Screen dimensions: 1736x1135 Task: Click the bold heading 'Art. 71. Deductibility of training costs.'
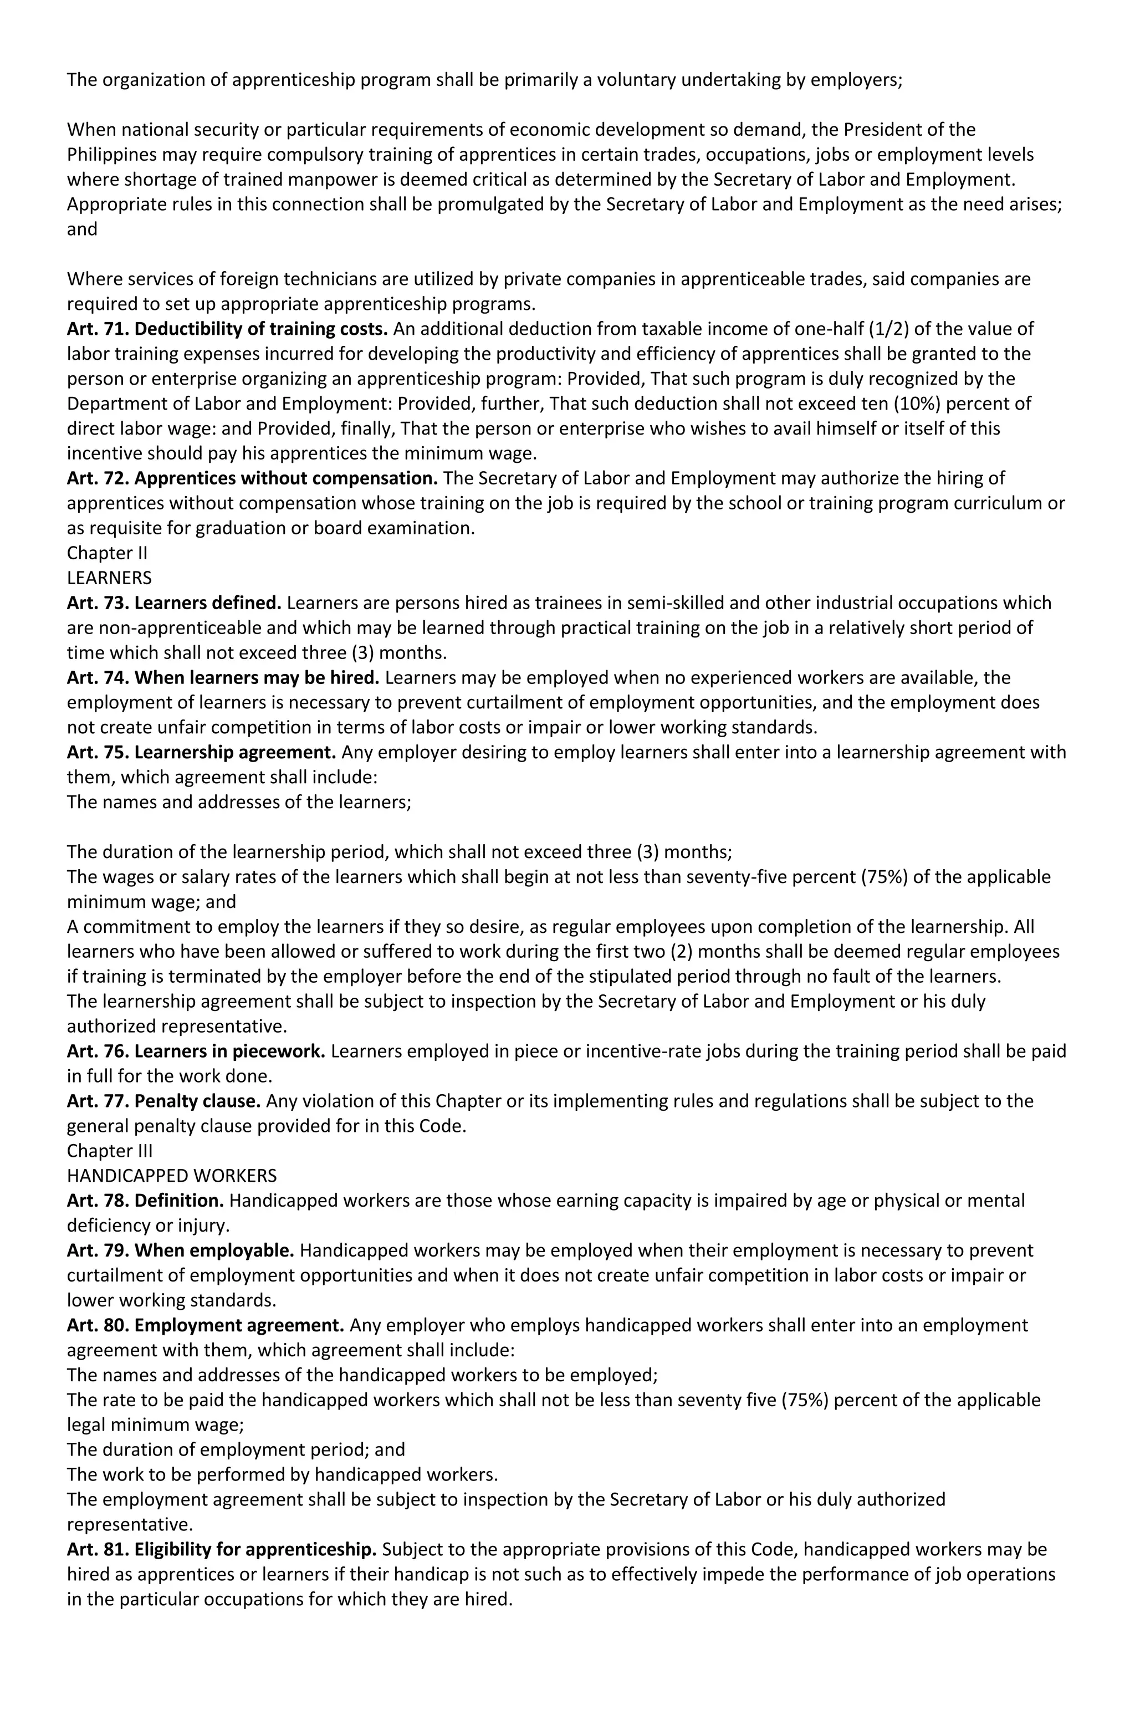[227, 329]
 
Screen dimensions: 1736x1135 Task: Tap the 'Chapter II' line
[107, 553]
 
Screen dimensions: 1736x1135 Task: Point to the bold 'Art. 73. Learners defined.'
[173, 603]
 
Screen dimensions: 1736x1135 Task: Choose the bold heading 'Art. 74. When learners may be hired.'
[222, 678]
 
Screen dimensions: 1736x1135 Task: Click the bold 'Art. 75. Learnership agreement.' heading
[201, 752]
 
